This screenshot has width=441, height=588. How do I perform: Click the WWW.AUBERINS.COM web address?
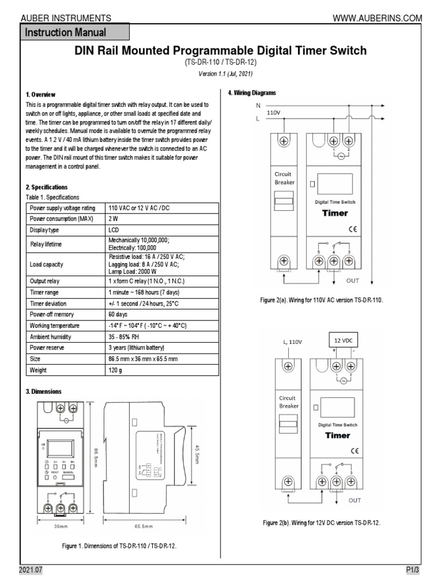click(377, 18)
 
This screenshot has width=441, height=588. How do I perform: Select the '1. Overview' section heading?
click(40, 94)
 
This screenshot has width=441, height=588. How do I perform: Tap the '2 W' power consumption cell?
click(113, 219)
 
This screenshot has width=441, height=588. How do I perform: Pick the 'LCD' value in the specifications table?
click(115, 230)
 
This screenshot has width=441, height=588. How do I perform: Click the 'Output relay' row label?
click(44, 281)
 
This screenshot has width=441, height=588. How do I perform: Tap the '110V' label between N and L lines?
click(274, 113)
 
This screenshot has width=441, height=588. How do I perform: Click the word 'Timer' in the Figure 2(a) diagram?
click(335, 213)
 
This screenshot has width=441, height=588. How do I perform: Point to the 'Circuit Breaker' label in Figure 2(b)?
click(288, 401)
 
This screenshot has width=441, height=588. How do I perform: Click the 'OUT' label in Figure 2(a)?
click(352, 281)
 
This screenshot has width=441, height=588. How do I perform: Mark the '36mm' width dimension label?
click(61, 525)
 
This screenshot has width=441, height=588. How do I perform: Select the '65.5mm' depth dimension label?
click(144, 525)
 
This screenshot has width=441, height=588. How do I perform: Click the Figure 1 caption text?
click(119, 546)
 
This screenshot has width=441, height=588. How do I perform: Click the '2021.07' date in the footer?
click(30, 570)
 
